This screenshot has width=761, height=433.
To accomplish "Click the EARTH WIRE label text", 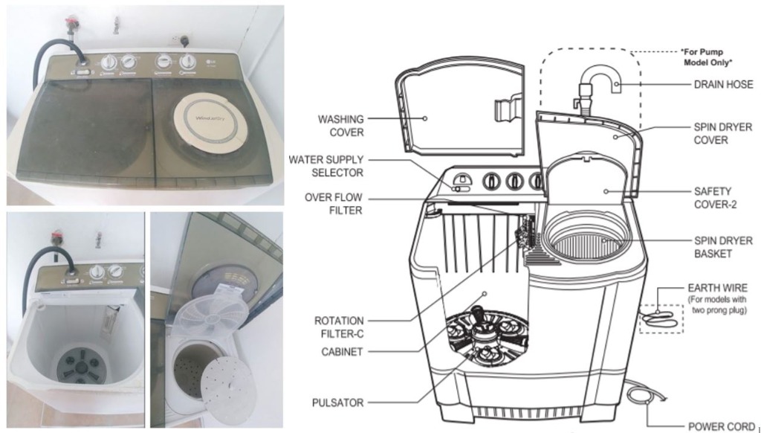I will (717, 288).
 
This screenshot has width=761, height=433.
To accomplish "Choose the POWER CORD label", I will (719, 426).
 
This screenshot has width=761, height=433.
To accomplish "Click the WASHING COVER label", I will (341, 126).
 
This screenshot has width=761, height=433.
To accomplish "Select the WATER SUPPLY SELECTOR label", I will (326, 166).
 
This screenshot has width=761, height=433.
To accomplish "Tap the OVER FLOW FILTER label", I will (333, 204).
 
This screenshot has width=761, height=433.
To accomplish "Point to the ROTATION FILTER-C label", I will (339, 326).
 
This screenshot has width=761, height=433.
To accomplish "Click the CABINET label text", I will (340, 352).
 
